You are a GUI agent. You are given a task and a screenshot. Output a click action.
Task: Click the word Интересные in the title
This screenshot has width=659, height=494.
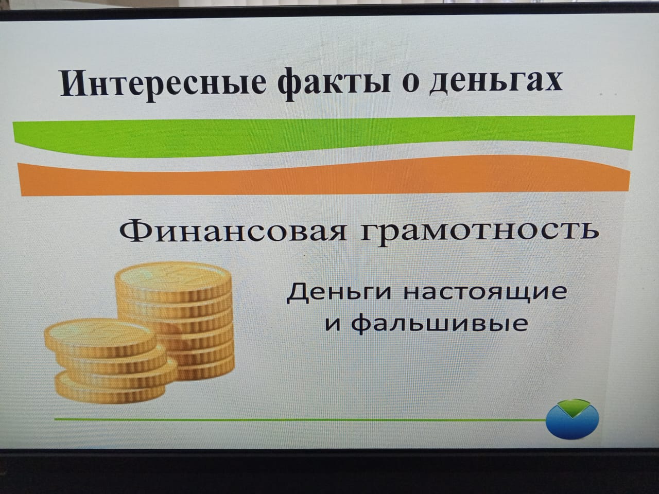(163, 83)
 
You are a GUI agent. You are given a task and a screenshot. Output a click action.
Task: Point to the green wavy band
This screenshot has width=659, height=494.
(324, 136)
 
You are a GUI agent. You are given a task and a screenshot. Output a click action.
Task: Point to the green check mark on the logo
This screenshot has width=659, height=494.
(573, 408)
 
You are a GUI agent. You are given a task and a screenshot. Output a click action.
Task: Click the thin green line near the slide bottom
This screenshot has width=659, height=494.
(300, 419)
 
